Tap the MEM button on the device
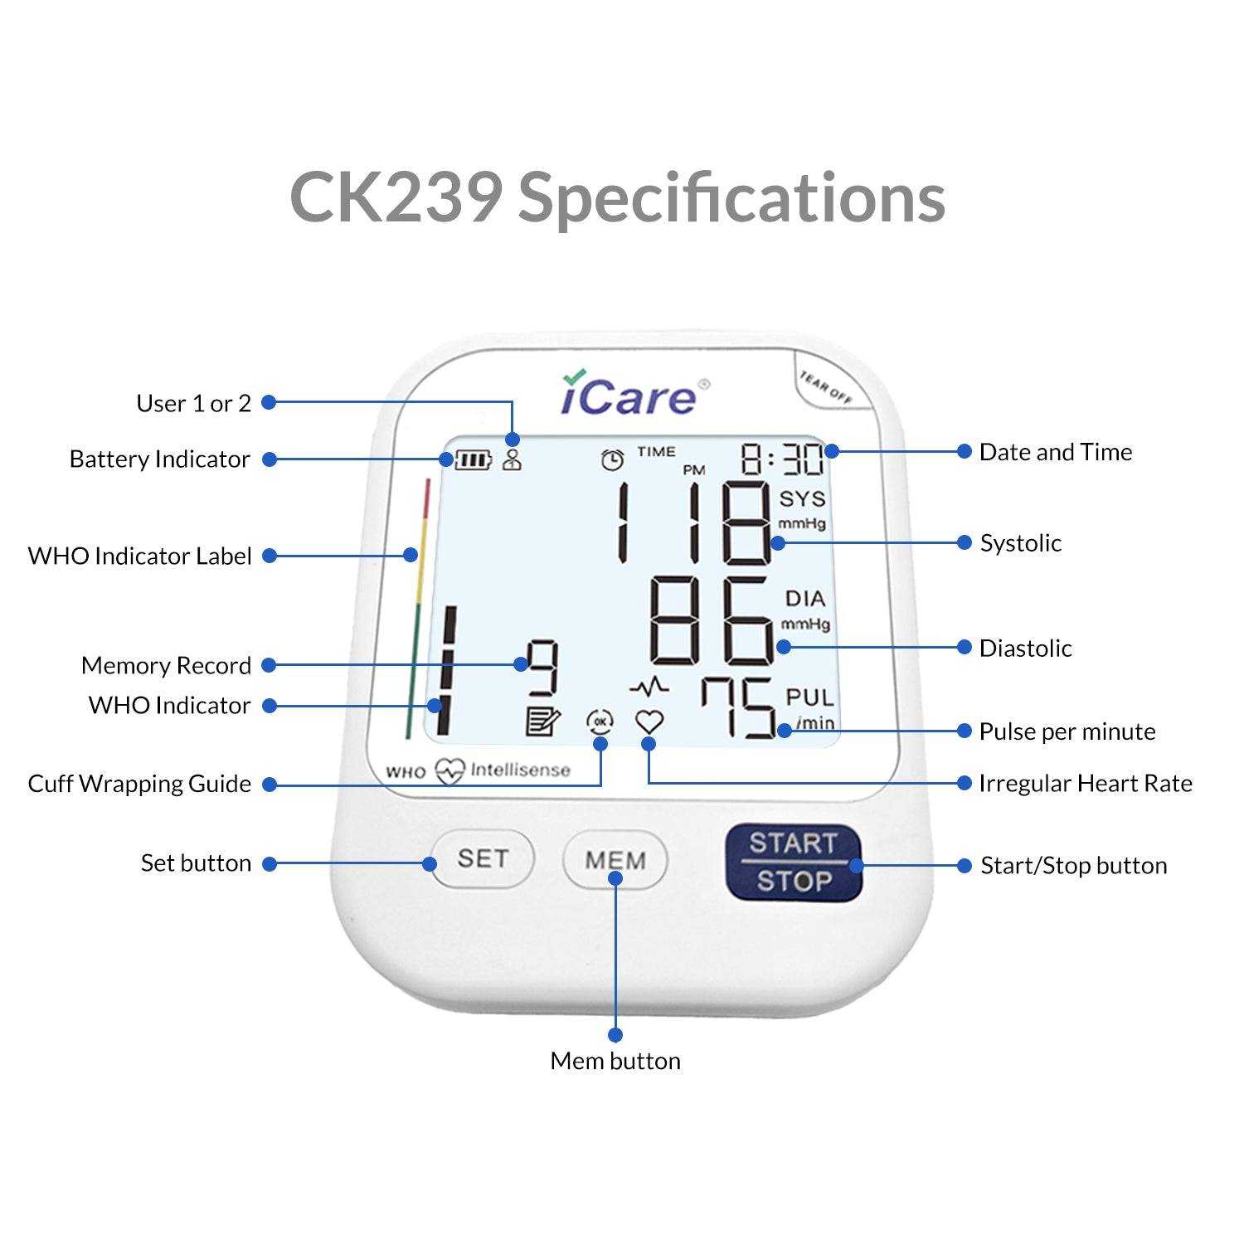pyautogui.click(x=615, y=859)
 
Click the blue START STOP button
pyautogui.click(x=794, y=863)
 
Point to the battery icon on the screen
pyautogui.click(x=473, y=459)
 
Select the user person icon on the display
pyautogui.click(x=513, y=459)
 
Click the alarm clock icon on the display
pyautogui.click(x=612, y=459)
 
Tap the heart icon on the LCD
pyautogui.click(x=649, y=722)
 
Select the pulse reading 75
pyautogui.click(x=738, y=707)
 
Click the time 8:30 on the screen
pyautogui.click(x=782, y=459)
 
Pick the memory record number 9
pyautogui.click(x=542, y=668)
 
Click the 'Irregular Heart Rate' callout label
pyautogui.click(x=1085, y=783)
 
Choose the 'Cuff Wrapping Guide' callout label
pyautogui.click(x=139, y=784)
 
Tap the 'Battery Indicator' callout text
pyautogui.click(x=159, y=459)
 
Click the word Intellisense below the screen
pyautogui.click(x=520, y=770)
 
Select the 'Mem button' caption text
pyautogui.click(x=615, y=1061)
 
